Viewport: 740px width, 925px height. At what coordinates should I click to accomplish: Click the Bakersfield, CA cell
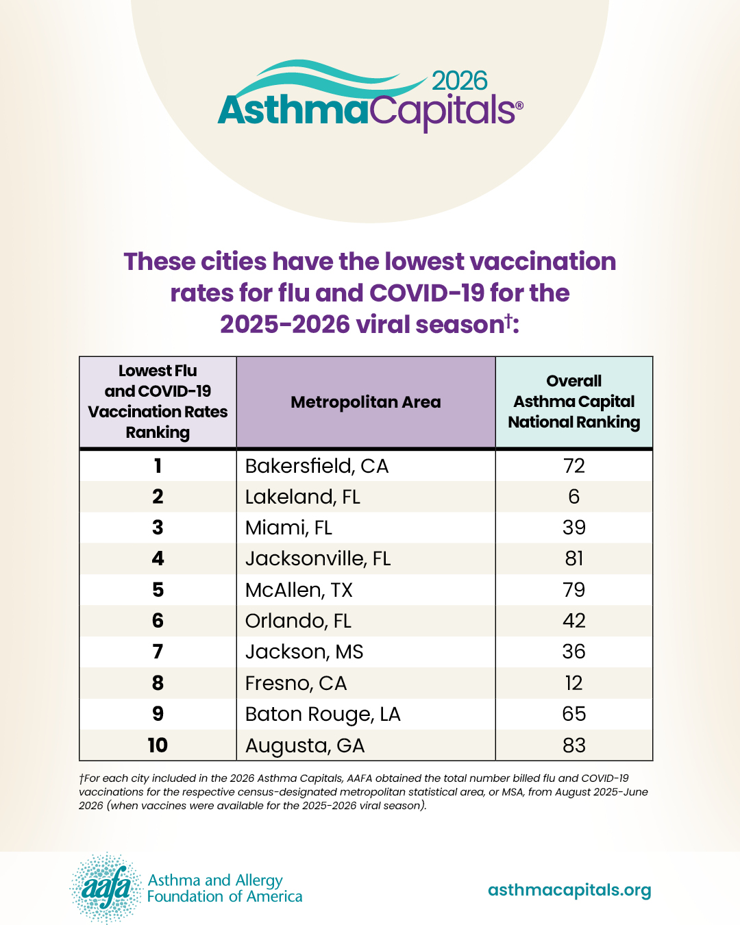[x=317, y=467]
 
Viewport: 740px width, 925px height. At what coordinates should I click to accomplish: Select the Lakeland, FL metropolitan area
[x=302, y=497]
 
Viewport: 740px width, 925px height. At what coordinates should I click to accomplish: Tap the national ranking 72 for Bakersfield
[x=574, y=466]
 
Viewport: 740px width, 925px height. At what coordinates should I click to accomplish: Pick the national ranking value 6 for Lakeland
[x=574, y=497]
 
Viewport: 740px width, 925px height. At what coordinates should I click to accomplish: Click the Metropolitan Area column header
[x=365, y=402]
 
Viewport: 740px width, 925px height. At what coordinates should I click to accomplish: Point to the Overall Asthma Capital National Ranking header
[x=574, y=402]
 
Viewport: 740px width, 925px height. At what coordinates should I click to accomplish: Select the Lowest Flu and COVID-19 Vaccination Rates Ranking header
[x=158, y=402]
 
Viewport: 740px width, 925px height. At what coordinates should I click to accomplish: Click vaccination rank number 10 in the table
[x=158, y=745]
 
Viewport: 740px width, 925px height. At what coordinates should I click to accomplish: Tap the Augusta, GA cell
[x=305, y=746]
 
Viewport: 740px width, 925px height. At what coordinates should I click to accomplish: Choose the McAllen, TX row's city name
[x=299, y=590]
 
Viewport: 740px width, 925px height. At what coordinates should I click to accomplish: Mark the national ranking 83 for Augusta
[x=574, y=745]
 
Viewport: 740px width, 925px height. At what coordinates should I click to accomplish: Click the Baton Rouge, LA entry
[x=323, y=715]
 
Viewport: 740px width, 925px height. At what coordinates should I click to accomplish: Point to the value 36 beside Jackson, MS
[x=574, y=652]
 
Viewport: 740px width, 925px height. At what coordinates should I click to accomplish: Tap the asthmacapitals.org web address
[x=569, y=890]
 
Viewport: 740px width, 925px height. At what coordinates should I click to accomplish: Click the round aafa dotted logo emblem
[x=106, y=889]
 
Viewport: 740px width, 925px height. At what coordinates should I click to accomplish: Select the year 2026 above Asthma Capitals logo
[x=460, y=82]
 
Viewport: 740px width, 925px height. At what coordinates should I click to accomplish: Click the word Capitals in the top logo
[x=446, y=112]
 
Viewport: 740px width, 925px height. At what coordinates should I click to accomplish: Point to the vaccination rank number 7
[x=158, y=652]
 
